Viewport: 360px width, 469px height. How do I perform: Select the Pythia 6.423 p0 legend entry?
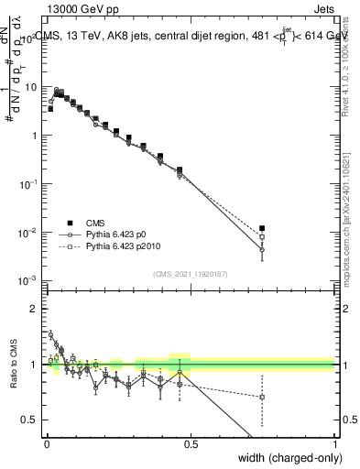(119, 235)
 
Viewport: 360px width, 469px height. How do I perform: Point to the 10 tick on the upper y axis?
(31, 87)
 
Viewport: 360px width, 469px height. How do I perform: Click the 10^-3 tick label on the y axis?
(28, 280)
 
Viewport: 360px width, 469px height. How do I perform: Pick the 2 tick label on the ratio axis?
(35, 309)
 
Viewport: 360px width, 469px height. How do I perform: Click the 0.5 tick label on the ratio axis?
(31, 420)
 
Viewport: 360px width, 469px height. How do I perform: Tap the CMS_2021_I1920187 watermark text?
(190, 272)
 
